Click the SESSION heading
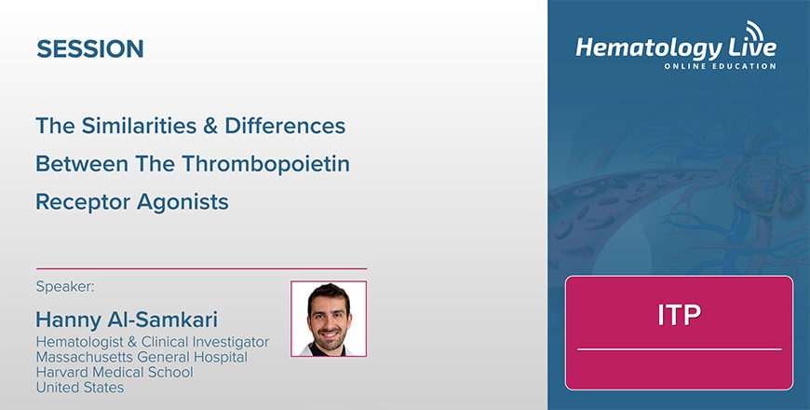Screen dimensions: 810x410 click(90, 48)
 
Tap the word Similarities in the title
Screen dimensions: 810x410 click(136, 126)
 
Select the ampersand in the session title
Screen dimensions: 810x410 click(210, 126)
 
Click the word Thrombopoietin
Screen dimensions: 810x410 click(265, 164)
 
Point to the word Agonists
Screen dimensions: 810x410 click(182, 202)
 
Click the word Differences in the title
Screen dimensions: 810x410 click(285, 126)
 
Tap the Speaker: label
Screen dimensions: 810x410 click(65, 286)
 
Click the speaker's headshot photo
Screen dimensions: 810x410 click(329, 319)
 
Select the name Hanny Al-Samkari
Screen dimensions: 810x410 click(127, 320)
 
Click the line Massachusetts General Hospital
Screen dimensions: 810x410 click(142, 357)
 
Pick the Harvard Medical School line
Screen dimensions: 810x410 click(115, 372)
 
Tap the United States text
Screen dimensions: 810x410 click(79, 388)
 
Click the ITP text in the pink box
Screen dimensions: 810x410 click(680, 314)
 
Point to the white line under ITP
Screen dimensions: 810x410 click(680, 349)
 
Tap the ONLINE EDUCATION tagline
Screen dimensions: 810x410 click(720, 66)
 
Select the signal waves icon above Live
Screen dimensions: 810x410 click(755, 31)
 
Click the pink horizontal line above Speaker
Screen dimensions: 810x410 click(201, 269)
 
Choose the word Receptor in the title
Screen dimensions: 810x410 click(83, 202)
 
